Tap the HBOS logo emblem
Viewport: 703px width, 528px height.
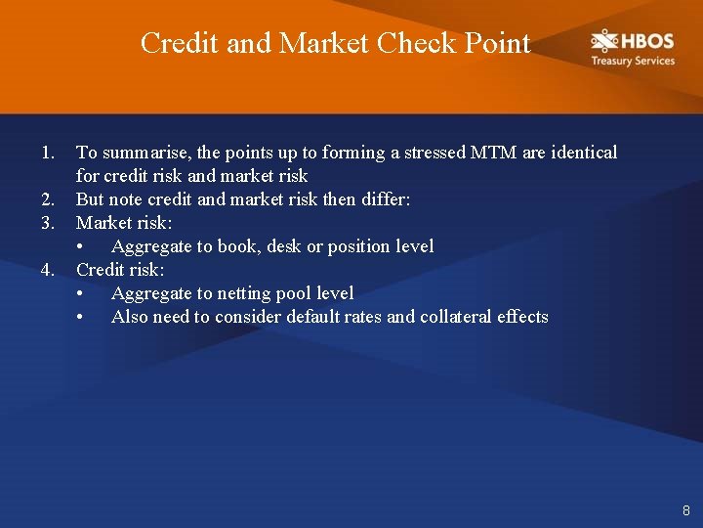(x=603, y=41)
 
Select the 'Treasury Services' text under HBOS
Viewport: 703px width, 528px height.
(x=632, y=61)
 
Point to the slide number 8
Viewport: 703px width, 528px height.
(x=685, y=510)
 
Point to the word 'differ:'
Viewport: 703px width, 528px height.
(x=387, y=199)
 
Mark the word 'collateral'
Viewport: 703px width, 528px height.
(x=455, y=317)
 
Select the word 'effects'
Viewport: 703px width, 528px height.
(x=522, y=317)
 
